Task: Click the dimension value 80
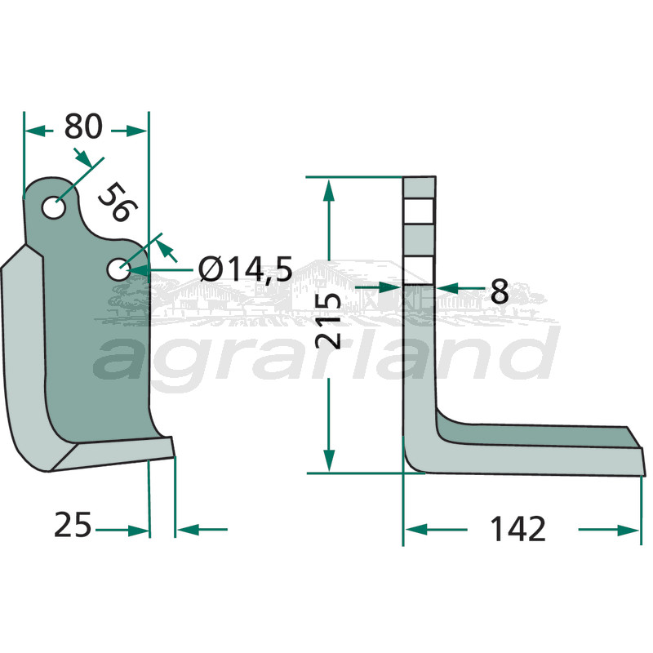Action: (x=83, y=128)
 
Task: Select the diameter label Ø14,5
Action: (x=245, y=269)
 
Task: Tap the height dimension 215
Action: (x=329, y=322)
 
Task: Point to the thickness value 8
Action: (x=500, y=290)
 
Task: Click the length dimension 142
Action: (x=518, y=530)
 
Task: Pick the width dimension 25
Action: (x=73, y=525)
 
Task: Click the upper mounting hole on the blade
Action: (x=55, y=207)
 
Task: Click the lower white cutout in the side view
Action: (x=419, y=269)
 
